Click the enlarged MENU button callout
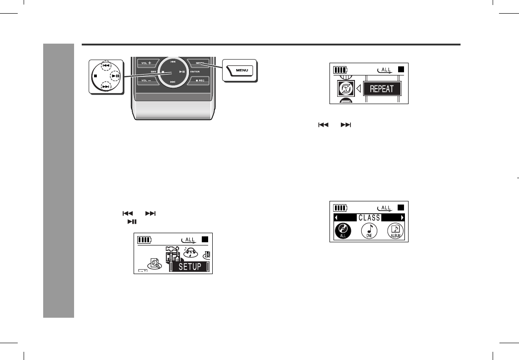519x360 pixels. tap(240, 70)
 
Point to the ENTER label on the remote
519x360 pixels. tap(195, 72)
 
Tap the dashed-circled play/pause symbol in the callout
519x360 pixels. tap(115, 76)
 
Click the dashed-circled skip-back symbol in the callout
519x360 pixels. tap(106, 66)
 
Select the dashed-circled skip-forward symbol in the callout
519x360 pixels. tap(106, 86)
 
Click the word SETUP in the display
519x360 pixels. tap(190, 267)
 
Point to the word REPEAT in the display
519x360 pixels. tap(382, 89)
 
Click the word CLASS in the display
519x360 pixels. tap(369, 218)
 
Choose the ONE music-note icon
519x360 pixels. tap(369, 231)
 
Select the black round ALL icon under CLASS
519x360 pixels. tap(343, 231)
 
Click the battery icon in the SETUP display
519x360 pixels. tap(145, 240)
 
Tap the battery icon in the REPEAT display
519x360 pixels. tap(340, 70)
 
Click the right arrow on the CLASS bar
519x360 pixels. tap(402, 218)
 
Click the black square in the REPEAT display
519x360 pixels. tap(400, 70)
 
